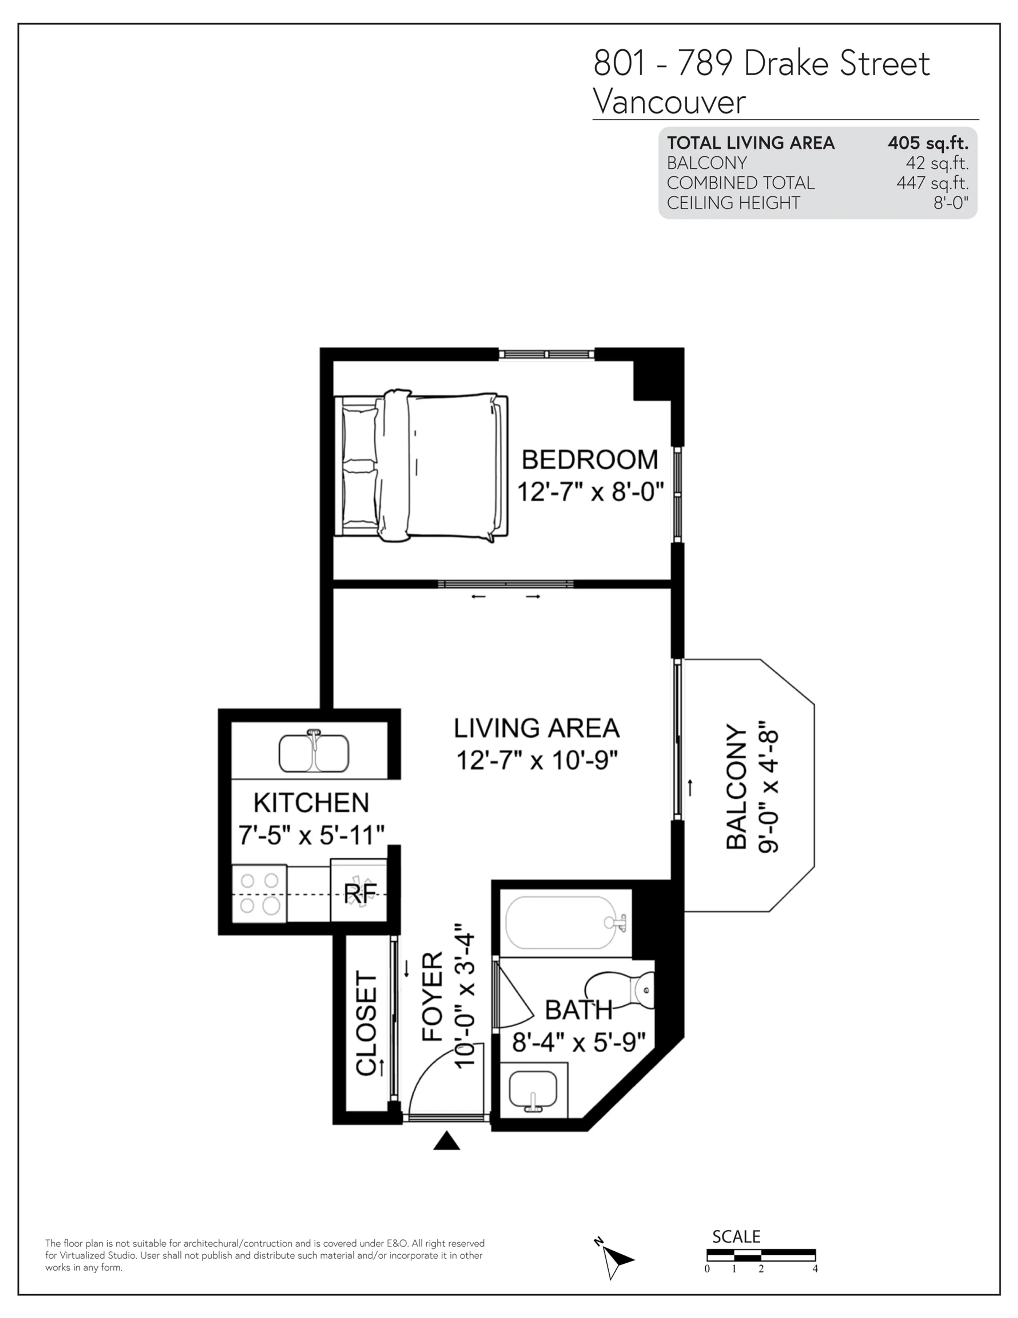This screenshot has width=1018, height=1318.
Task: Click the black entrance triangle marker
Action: [x=446, y=1141]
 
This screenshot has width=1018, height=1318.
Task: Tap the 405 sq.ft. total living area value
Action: [x=928, y=143]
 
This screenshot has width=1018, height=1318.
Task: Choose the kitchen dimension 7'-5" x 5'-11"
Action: [x=311, y=835]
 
